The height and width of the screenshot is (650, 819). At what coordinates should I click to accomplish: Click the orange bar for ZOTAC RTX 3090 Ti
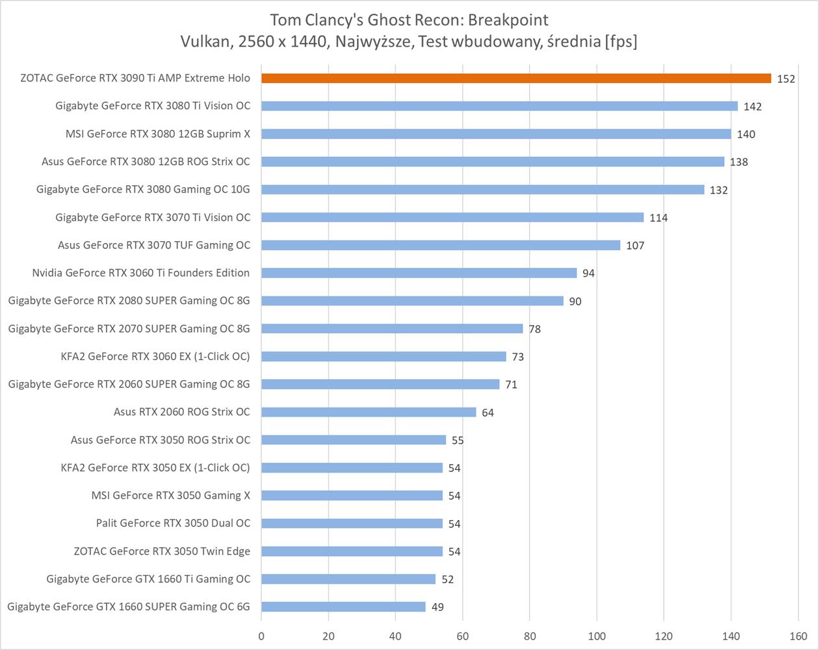pos(516,79)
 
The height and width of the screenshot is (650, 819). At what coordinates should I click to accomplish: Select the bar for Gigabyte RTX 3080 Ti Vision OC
pos(499,106)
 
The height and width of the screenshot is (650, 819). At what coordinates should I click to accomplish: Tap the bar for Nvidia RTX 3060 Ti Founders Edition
pos(419,273)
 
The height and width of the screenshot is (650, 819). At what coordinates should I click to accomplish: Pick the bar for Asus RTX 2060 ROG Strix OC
pos(369,412)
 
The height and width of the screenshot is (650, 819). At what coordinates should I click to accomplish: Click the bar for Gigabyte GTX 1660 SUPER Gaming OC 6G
pos(343,606)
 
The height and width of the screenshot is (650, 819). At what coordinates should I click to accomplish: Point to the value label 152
pos(786,79)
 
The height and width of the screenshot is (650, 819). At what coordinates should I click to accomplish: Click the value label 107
pos(635,246)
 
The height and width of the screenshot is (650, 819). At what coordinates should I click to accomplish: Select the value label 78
pos(534,329)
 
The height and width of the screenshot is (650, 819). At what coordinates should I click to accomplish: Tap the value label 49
pos(437,607)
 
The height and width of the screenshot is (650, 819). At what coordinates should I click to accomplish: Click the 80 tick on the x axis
pos(529,636)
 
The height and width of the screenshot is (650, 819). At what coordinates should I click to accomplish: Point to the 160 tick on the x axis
pos(798,636)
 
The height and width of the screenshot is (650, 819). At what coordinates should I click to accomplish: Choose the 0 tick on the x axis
pos(261,636)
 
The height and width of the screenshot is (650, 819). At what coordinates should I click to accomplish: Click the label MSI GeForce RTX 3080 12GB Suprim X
pos(157,134)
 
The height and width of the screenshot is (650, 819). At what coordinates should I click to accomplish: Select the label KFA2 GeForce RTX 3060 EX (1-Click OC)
pos(155,356)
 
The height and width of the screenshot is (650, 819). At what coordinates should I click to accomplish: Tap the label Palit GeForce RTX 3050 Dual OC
pos(173,523)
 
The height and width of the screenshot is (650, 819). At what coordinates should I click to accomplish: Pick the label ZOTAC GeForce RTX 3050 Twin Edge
pos(162,551)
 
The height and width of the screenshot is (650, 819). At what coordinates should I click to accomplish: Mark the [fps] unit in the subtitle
pos(620,42)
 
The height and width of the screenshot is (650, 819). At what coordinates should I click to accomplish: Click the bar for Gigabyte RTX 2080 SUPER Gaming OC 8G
pos(412,301)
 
